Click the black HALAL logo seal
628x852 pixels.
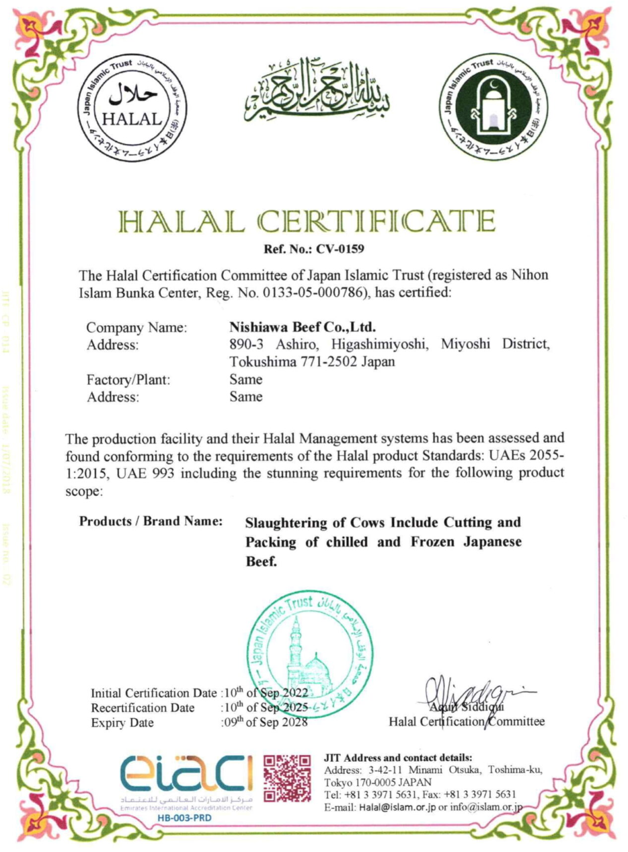pos(137,108)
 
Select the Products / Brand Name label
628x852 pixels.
pos(151,522)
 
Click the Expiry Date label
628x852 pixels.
pos(122,723)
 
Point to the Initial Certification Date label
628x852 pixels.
pos(154,693)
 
